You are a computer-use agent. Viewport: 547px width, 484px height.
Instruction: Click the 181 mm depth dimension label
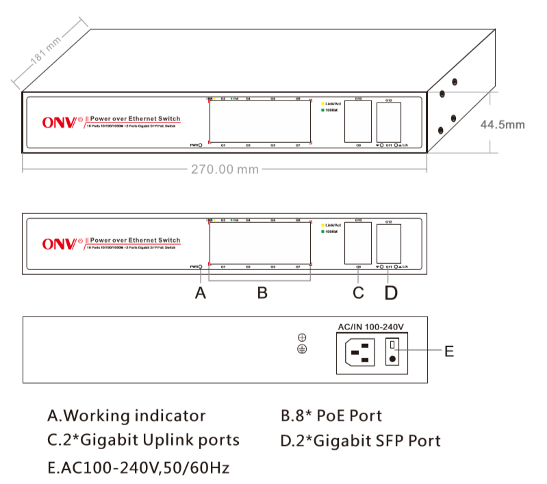click(46, 59)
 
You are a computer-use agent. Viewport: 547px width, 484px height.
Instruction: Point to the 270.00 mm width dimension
click(225, 169)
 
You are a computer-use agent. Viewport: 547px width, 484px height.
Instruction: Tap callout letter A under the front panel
click(200, 293)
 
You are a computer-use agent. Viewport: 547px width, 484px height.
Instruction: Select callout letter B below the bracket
click(262, 293)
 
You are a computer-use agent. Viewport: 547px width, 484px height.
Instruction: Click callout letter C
click(358, 293)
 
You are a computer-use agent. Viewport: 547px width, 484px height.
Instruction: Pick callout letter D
click(390, 293)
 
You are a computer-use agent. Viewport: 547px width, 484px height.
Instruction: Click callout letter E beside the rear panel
click(448, 351)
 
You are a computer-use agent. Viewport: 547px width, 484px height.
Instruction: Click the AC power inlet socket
click(361, 353)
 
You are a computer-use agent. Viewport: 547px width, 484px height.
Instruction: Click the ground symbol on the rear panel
click(302, 349)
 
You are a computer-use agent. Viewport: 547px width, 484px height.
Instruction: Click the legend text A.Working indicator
click(126, 416)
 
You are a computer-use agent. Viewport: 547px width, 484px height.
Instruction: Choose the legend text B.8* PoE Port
click(331, 416)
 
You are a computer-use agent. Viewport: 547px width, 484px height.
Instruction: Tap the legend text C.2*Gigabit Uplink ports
click(144, 440)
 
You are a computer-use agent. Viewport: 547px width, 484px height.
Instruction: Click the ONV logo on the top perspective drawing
click(62, 123)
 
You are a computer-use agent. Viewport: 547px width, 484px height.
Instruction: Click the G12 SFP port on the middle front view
click(388, 243)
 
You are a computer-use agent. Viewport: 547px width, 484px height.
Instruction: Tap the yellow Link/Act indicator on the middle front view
click(322, 225)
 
